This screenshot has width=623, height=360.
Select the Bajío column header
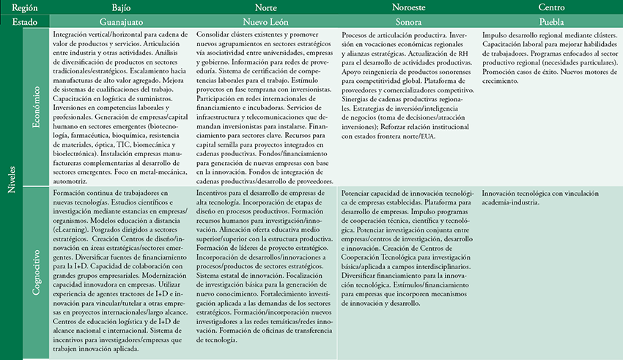[x=121, y=7]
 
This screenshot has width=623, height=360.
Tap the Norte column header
[x=265, y=7]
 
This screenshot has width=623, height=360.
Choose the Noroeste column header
[x=408, y=7]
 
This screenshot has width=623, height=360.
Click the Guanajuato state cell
[x=121, y=22]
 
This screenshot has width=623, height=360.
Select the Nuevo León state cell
[x=265, y=22]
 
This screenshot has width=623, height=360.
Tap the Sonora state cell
[x=408, y=22]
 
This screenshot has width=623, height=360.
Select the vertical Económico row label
[x=36, y=109]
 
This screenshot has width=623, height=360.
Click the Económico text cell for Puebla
[x=549, y=59]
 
